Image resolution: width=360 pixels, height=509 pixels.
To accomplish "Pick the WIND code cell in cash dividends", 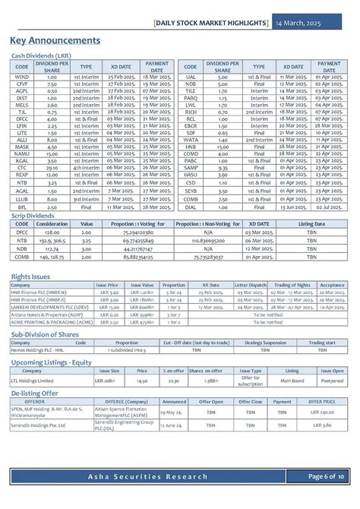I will [x=22, y=77].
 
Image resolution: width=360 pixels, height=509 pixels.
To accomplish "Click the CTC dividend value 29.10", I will [x=52, y=167].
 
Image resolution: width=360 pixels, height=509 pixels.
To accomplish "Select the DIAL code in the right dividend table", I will [x=191, y=207].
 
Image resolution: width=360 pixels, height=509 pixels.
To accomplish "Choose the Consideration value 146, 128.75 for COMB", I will [x=52, y=258].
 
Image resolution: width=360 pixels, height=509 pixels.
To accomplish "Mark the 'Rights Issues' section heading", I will [x=31, y=276].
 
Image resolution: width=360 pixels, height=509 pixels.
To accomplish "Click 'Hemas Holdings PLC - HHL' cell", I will [x=34, y=350].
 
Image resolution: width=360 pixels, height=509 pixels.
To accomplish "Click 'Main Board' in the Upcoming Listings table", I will [x=292, y=381].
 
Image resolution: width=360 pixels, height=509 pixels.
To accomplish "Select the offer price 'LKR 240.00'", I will [x=322, y=412].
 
